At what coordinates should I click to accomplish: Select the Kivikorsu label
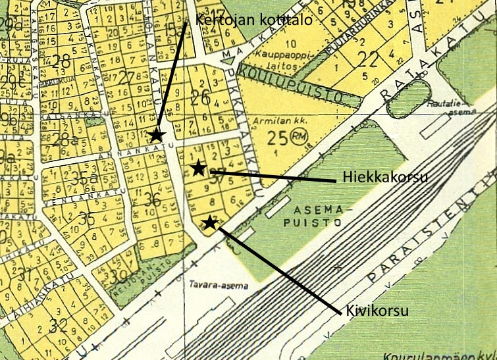tap(377, 310)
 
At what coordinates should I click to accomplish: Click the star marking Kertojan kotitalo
tap(156, 135)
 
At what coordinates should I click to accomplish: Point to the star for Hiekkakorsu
tap(197, 168)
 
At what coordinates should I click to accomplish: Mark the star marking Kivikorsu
tap(209, 222)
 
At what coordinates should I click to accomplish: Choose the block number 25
tap(276, 138)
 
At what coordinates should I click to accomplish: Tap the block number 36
tap(153, 199)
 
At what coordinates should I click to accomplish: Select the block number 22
tap(369, 60)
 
